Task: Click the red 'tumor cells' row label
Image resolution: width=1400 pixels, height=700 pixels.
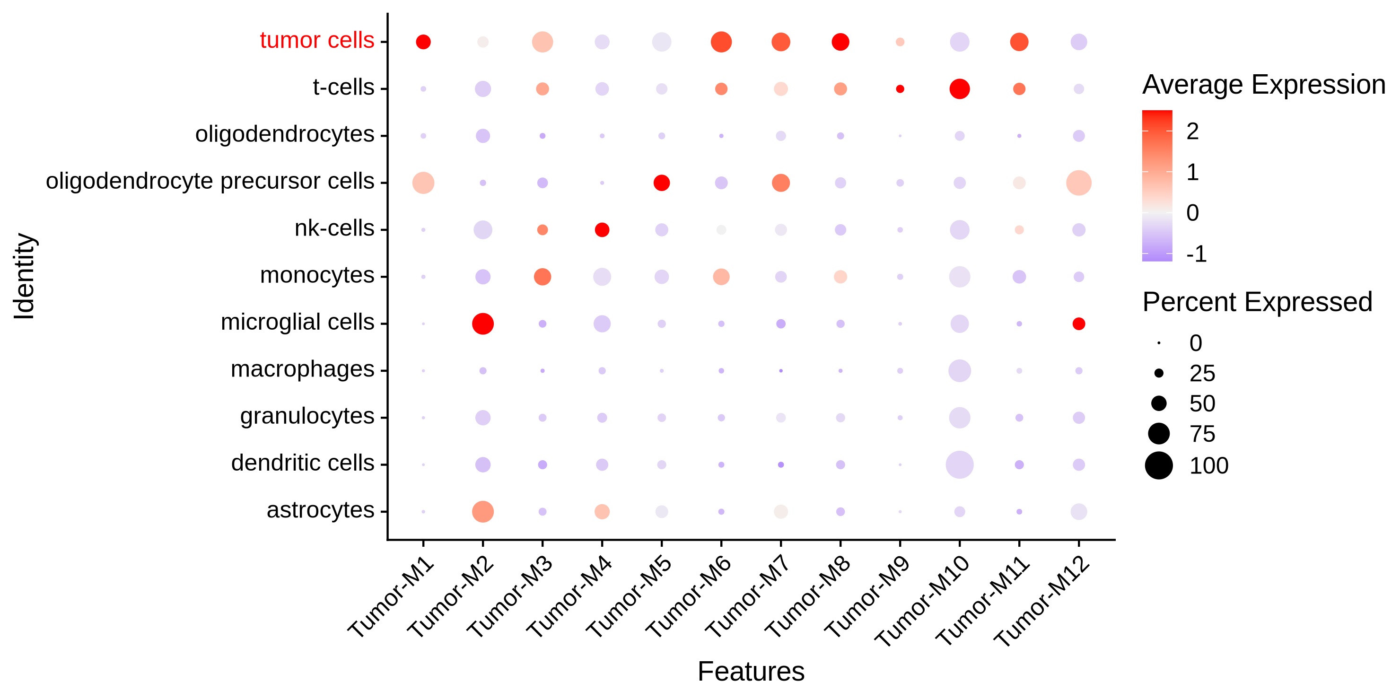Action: pyautogui.click(x=317, y=41)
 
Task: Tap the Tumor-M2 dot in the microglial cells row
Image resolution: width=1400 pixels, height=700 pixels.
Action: pyautogui.click(x=482, y=324)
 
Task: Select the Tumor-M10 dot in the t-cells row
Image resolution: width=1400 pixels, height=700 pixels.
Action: pyautogui.click(x=959, y=88)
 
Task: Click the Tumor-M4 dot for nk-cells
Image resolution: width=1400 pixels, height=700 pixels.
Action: pyautogui.click(x=602, y=230)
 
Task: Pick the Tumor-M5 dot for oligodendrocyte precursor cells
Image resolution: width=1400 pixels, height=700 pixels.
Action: pyautogui.click(x=661, y=183)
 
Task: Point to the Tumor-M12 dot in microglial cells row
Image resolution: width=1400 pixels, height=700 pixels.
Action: pyautogui.click(x=1079, y=324)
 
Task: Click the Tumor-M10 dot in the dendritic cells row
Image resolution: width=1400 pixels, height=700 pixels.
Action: pyautogui.click(x=959, y=464)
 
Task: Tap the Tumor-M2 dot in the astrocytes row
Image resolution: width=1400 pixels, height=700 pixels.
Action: pyautogui.click(x=482, y=511)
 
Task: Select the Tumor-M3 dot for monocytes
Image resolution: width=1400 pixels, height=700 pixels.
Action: pyautogui.click(x=542, y=277)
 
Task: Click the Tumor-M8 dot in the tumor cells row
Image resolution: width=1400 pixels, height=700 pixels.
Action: pyautogui.click(x=840, y=42)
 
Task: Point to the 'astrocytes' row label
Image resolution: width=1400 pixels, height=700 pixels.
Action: pyautogui.click(x=320, y=510)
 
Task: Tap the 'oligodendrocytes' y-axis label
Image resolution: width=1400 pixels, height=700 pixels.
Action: pyautogui.click(x=285, y=134)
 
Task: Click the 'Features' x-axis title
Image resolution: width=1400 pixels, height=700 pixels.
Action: pyautogui.click(x=751, y=672)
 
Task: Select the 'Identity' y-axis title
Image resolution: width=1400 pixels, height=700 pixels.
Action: pyautogui.click(x=25, y=276)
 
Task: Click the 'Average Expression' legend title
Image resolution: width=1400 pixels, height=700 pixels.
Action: pyautogui.click(x=1264, y=85)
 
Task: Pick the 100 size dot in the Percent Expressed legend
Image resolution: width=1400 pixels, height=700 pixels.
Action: pyautogui.click(x=1159, y=465)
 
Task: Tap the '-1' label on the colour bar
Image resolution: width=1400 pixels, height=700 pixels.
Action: pyautogui.click(x=1196, y=254)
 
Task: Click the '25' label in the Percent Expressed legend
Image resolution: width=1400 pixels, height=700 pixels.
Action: pyautogui.click(x=1202, y=373)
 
